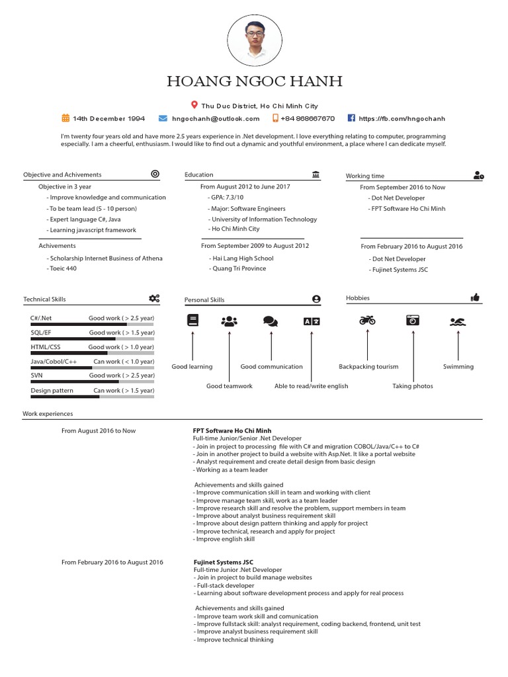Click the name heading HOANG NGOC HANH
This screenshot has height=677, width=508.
pyautogui.click(x=255, y=82)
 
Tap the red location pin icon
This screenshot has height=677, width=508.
pyautogui.click(x=194, y=105)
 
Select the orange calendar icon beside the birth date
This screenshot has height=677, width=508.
pyautogui.click(x=65, y=118)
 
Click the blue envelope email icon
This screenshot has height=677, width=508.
pyautogui.click(x=163, y=118)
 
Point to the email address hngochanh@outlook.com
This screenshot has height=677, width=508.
pyautogui.click(x=216, y=119)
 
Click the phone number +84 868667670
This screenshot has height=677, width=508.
pyautogui.click(x=308, y=119)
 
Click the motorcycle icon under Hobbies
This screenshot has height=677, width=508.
pyautogui.click(x=367, y=321)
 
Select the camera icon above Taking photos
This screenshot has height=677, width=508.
pyautogui.click(x=413, y=321)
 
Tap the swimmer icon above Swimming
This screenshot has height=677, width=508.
pyautogui.click(x=458, y=321)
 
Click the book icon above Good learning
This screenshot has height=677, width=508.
pyautogui.click(x=192, y=321)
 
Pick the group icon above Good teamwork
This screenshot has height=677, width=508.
pyautogui.click(x=230, y=321)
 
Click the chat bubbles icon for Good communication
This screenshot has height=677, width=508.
pyautogui.click(x=270, y=321)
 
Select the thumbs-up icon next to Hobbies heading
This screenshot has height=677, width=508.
pyautogui.click(x=475, y=298)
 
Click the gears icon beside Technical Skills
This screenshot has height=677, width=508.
pyautogui.click(x=154, y=299)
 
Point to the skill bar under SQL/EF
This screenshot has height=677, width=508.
pyautogui.click(x=92, y=339)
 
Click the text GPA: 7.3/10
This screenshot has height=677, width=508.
pyautogui.click(x=227, y=198)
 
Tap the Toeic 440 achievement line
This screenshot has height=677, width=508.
pyautogui.click(x=62, y=269)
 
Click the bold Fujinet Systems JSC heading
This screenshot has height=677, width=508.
pyautogui.click(x=223, y=562)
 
